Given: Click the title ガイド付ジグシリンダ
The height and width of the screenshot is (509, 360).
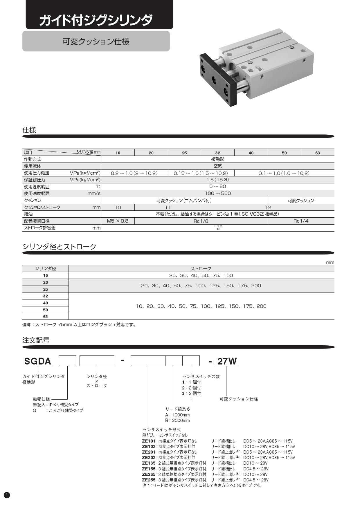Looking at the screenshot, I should tap(96, 20).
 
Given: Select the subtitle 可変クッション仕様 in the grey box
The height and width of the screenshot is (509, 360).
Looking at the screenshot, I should tap(96, 41).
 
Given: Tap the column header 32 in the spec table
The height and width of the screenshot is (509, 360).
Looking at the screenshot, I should tap(217, 153).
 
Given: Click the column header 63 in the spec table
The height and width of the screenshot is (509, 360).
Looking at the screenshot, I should tap(318, 153).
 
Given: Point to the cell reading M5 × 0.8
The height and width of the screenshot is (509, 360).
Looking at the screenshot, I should tap(118, 221).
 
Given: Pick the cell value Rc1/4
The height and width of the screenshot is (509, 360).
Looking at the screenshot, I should tap(301, 221).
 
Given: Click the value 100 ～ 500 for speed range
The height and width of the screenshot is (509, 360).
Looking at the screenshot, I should tap(218, 194).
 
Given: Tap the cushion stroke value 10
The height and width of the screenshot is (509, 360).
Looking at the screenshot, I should tap(118, 207).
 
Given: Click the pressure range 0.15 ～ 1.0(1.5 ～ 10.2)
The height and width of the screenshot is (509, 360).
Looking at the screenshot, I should tap(201, 173).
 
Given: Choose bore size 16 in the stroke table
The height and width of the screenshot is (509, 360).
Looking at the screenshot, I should tap(46, 276).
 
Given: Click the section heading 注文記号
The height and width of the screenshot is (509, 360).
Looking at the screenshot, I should tap(36, 340).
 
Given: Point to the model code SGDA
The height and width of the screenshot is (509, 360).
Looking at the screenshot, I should tap(38, 361).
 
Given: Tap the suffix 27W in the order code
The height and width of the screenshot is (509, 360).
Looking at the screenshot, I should tap(227, 361).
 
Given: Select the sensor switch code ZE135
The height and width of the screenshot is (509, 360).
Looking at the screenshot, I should tap(149, 463).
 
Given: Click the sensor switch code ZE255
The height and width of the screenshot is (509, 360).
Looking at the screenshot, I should tap(149, 480).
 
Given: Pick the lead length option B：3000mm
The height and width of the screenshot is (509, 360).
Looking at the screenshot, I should tap(177, 420).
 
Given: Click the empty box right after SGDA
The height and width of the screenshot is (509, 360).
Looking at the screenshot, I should tap(68, 361).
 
